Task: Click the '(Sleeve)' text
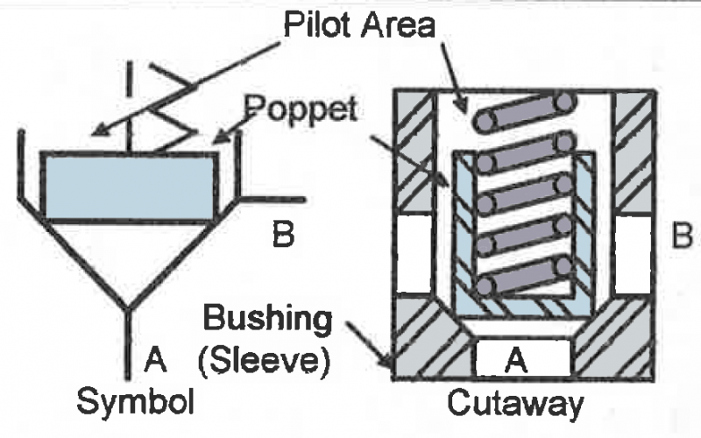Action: tap(267, 360)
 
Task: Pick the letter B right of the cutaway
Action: tap(682, 236)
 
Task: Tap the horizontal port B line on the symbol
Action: tap(272, 197)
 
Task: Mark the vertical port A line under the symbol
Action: tap(128, 342)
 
